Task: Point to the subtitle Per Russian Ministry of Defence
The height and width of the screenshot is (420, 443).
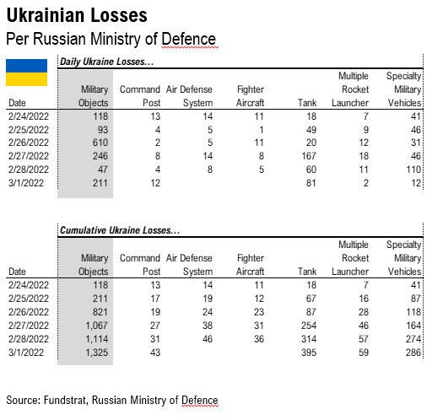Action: [111, 39]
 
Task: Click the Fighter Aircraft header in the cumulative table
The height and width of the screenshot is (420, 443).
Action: [250, 263]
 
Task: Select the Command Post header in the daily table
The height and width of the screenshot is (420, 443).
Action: [138, 95]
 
